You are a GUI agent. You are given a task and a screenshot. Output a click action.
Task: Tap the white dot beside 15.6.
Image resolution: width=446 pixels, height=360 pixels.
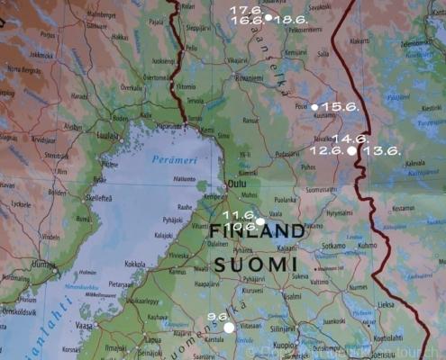pyautogui.click(x=314, y=107)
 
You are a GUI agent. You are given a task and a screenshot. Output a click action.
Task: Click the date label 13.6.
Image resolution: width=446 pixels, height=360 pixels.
pyautogui.click(x=381, y=151)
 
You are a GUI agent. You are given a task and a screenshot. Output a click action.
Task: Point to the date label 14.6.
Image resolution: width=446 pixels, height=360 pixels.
pyautogui.click(x=350, y=139)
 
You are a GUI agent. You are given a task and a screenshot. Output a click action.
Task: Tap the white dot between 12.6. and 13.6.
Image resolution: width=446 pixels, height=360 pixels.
pyautogui.click(x=352, y=151)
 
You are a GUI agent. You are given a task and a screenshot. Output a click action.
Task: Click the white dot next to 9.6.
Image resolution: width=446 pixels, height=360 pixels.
pyautogui.click(x=229, y=328)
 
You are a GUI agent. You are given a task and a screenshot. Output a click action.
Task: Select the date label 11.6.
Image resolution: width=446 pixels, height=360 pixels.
pyautogui.click(x=239, y=215)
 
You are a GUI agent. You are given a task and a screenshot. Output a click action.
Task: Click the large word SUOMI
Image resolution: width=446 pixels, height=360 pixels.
pyautogui.click(x=256, y=263)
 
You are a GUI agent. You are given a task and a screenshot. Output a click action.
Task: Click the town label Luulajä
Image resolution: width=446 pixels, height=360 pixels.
pyautogui.click(x=108, y=136)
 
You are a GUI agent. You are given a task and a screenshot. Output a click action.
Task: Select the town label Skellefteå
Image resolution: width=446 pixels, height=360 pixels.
pyautogui.click(x=98, y=197)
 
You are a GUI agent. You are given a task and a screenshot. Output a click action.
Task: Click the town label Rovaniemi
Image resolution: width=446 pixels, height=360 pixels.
pyautogui.click(x=249, y=78)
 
